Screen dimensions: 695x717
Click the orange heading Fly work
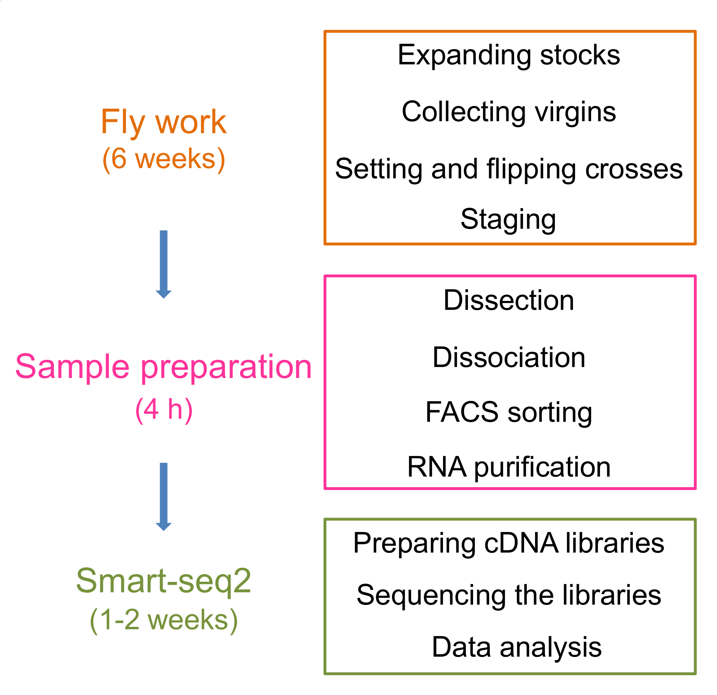164,122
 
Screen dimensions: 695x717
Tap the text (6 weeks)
164,159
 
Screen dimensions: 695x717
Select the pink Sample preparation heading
164,367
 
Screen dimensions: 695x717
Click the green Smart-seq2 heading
164,581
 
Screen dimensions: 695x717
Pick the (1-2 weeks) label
164,620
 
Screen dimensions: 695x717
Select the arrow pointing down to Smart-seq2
164,496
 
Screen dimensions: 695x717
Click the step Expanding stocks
509,55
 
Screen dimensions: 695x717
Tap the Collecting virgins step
509,112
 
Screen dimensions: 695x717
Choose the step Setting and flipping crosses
509,169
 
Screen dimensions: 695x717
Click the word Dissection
509,300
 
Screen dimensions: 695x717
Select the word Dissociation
509,357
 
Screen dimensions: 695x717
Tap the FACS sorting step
509,412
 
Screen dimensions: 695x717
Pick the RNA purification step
509,467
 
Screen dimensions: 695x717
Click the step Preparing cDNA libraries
509,543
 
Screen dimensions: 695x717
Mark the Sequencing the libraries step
509,595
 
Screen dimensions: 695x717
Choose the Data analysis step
517,647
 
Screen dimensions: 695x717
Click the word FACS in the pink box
462,412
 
